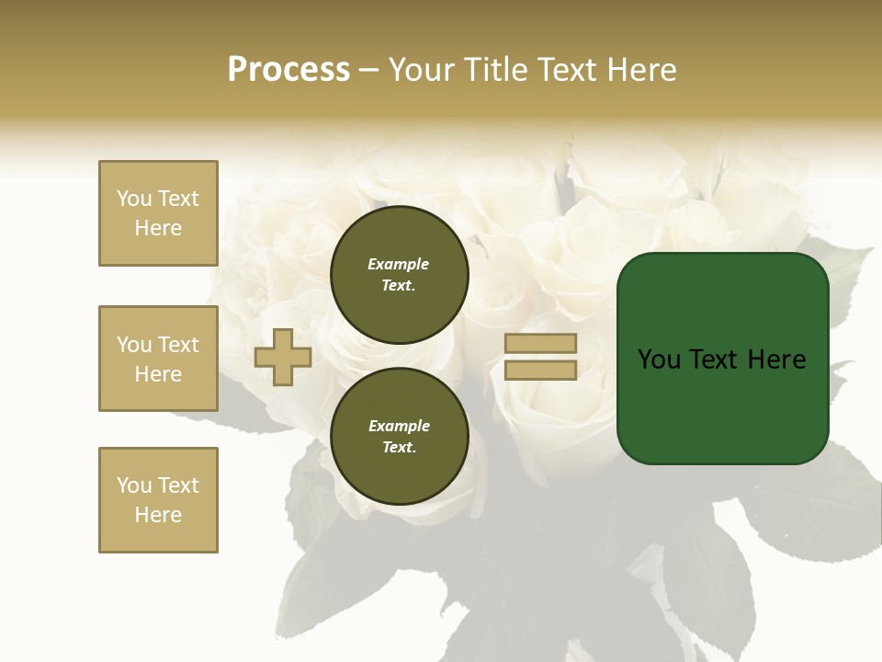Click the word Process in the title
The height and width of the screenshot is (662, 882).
point(288,70)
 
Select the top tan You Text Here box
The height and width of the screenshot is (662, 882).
point(158,213)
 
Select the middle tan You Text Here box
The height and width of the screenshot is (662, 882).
point(158,359)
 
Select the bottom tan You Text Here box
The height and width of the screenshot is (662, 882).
point(158,500)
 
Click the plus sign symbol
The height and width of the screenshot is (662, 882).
point(282,358)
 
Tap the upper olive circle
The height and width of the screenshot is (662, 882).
point(399,275)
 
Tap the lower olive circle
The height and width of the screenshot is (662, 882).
point(399,437)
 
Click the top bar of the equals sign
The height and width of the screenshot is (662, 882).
point(541,344)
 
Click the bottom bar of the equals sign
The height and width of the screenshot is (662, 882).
point(541,371)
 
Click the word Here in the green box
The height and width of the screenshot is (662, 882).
point(776,360)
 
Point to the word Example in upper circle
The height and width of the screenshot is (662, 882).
point(399,264)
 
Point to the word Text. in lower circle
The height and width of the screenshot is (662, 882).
point(399,448)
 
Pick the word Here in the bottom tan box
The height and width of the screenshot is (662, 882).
point(158,515)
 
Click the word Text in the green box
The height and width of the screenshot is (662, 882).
point(716,360)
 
